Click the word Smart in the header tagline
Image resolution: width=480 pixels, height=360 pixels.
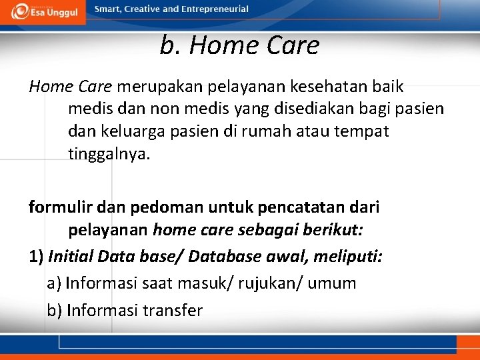pyautogui.click(x=108, y=9)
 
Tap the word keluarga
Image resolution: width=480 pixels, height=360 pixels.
pyautogui.click(x=131, y=131)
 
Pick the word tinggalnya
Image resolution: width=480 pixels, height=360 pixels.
pyautogui.click(x=109, y=154)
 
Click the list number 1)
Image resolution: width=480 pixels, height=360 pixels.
pyautogui.click(x=37, y=257)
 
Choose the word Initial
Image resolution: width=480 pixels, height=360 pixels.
pyautogui.click(x=71, y=257)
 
